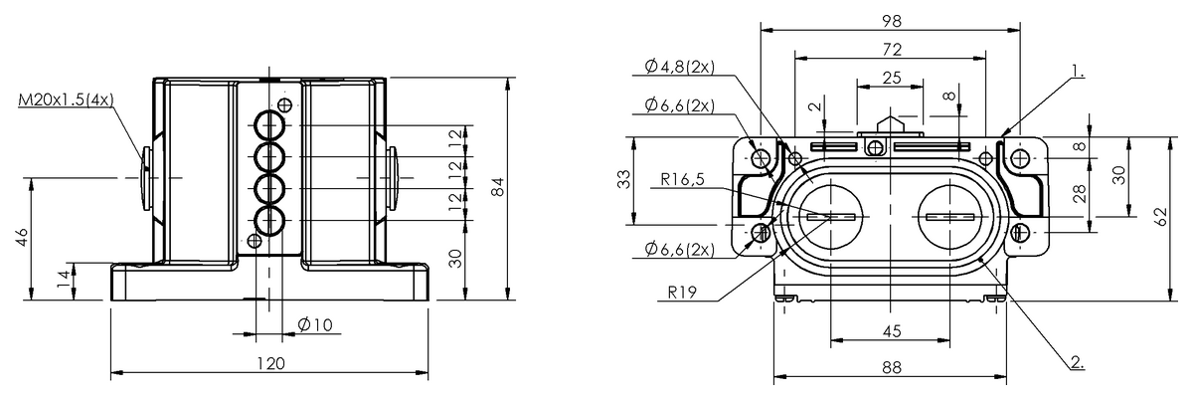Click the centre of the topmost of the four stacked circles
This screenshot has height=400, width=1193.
269,125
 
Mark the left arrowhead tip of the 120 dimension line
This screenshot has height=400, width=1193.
110,372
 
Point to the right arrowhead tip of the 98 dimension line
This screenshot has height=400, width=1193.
1020,31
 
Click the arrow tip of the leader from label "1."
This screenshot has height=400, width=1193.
1001,136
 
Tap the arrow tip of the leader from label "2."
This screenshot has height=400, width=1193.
979,257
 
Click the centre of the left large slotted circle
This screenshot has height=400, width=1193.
831,216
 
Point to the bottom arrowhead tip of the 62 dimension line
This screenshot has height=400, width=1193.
1170,300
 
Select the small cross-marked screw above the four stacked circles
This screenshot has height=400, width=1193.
285,104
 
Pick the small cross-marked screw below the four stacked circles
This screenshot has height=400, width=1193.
256,241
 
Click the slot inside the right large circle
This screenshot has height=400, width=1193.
950,217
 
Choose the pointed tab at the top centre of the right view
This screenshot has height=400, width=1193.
890,121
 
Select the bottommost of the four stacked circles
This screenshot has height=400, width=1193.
269,220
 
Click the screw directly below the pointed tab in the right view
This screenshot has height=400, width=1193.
875,146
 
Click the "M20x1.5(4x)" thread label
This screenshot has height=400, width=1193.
67,100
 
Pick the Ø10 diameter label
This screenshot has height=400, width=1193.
315,324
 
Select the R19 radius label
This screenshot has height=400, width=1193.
682,293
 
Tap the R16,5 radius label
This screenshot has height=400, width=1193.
682,179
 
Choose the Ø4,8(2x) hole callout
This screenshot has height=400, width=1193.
680,67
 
